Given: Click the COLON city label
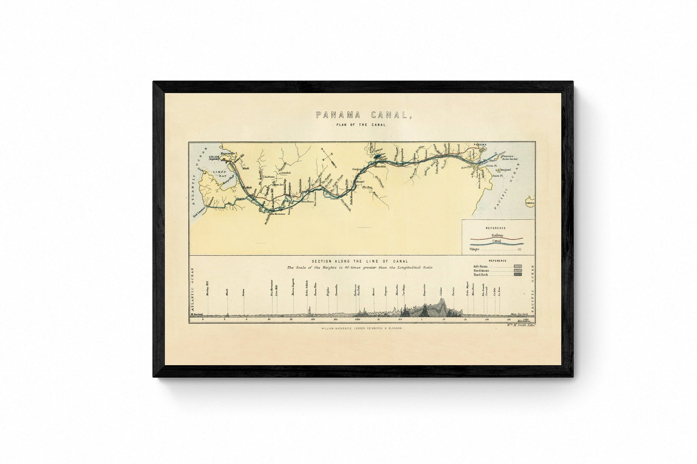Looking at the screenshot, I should pos(213,157).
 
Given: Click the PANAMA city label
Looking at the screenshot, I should pos(481,145).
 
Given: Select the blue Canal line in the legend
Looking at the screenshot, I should pos(498,244).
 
